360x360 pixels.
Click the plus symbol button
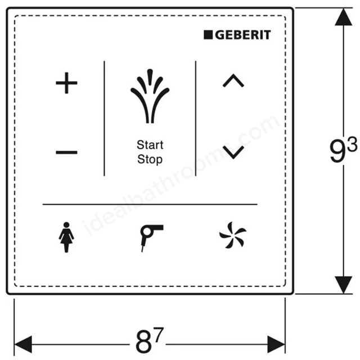click(x=66, y=83)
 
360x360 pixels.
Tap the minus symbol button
click(x=66, y=152)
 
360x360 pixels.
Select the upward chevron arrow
click(x=233, y=80)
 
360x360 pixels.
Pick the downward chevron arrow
click(x=233, y=152)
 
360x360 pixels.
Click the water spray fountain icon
click(x=150, y=96)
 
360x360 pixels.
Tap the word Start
click(x=150, y=145)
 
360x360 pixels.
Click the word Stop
click(x=150, y=160)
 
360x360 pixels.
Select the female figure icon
click(x=66, y=237)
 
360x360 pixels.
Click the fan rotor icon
click(x=233, y=235)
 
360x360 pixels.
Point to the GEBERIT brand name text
click(x=243, y=35)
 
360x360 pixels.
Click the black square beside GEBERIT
click(x=208, y=35)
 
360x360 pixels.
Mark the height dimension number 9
click(x=337, y=151)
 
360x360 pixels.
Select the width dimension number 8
click(x=144, y=341)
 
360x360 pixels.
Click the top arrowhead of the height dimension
click(x=344, y=17)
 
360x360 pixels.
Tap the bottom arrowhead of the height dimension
click(x=344, y=285)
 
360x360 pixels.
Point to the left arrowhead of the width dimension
click(x=23, y=344)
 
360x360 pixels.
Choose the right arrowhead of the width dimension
click(x=276, y=344)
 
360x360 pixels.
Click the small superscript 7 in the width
click(x=159, y=334)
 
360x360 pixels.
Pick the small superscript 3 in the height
click(x=352, y=143)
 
